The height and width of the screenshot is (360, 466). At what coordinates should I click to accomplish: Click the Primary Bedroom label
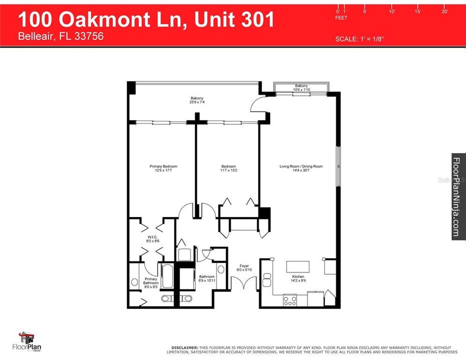[163, 166]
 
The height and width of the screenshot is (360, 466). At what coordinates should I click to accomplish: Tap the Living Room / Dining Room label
[300, 166]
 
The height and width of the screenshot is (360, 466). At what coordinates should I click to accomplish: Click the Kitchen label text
[298, 276]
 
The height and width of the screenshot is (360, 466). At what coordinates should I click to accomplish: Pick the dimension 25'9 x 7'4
[196, 102]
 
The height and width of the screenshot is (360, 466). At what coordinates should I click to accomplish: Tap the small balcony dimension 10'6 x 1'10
[301, 90]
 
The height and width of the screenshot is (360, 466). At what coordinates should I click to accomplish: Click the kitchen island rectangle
[297, 266]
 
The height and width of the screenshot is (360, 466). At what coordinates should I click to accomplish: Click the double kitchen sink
[266, 280]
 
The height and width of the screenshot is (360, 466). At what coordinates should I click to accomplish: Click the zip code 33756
[89, 36]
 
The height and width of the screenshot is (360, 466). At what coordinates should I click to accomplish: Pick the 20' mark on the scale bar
[444, 11]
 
